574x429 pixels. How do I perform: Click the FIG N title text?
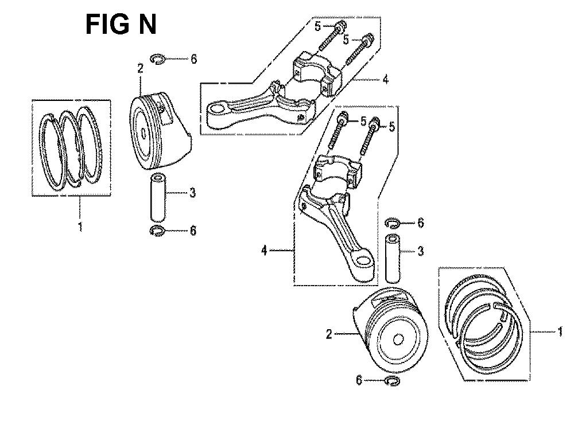[x=121, y=25]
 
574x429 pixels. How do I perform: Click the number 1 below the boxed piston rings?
[x=80, y=227]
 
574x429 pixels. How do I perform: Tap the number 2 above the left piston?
[x=141, y=68]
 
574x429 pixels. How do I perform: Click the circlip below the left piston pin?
[x=157, y=231]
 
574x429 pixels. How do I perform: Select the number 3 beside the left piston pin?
[x=192, y=193]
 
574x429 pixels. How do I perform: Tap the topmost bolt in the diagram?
[x=331, y=38]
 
